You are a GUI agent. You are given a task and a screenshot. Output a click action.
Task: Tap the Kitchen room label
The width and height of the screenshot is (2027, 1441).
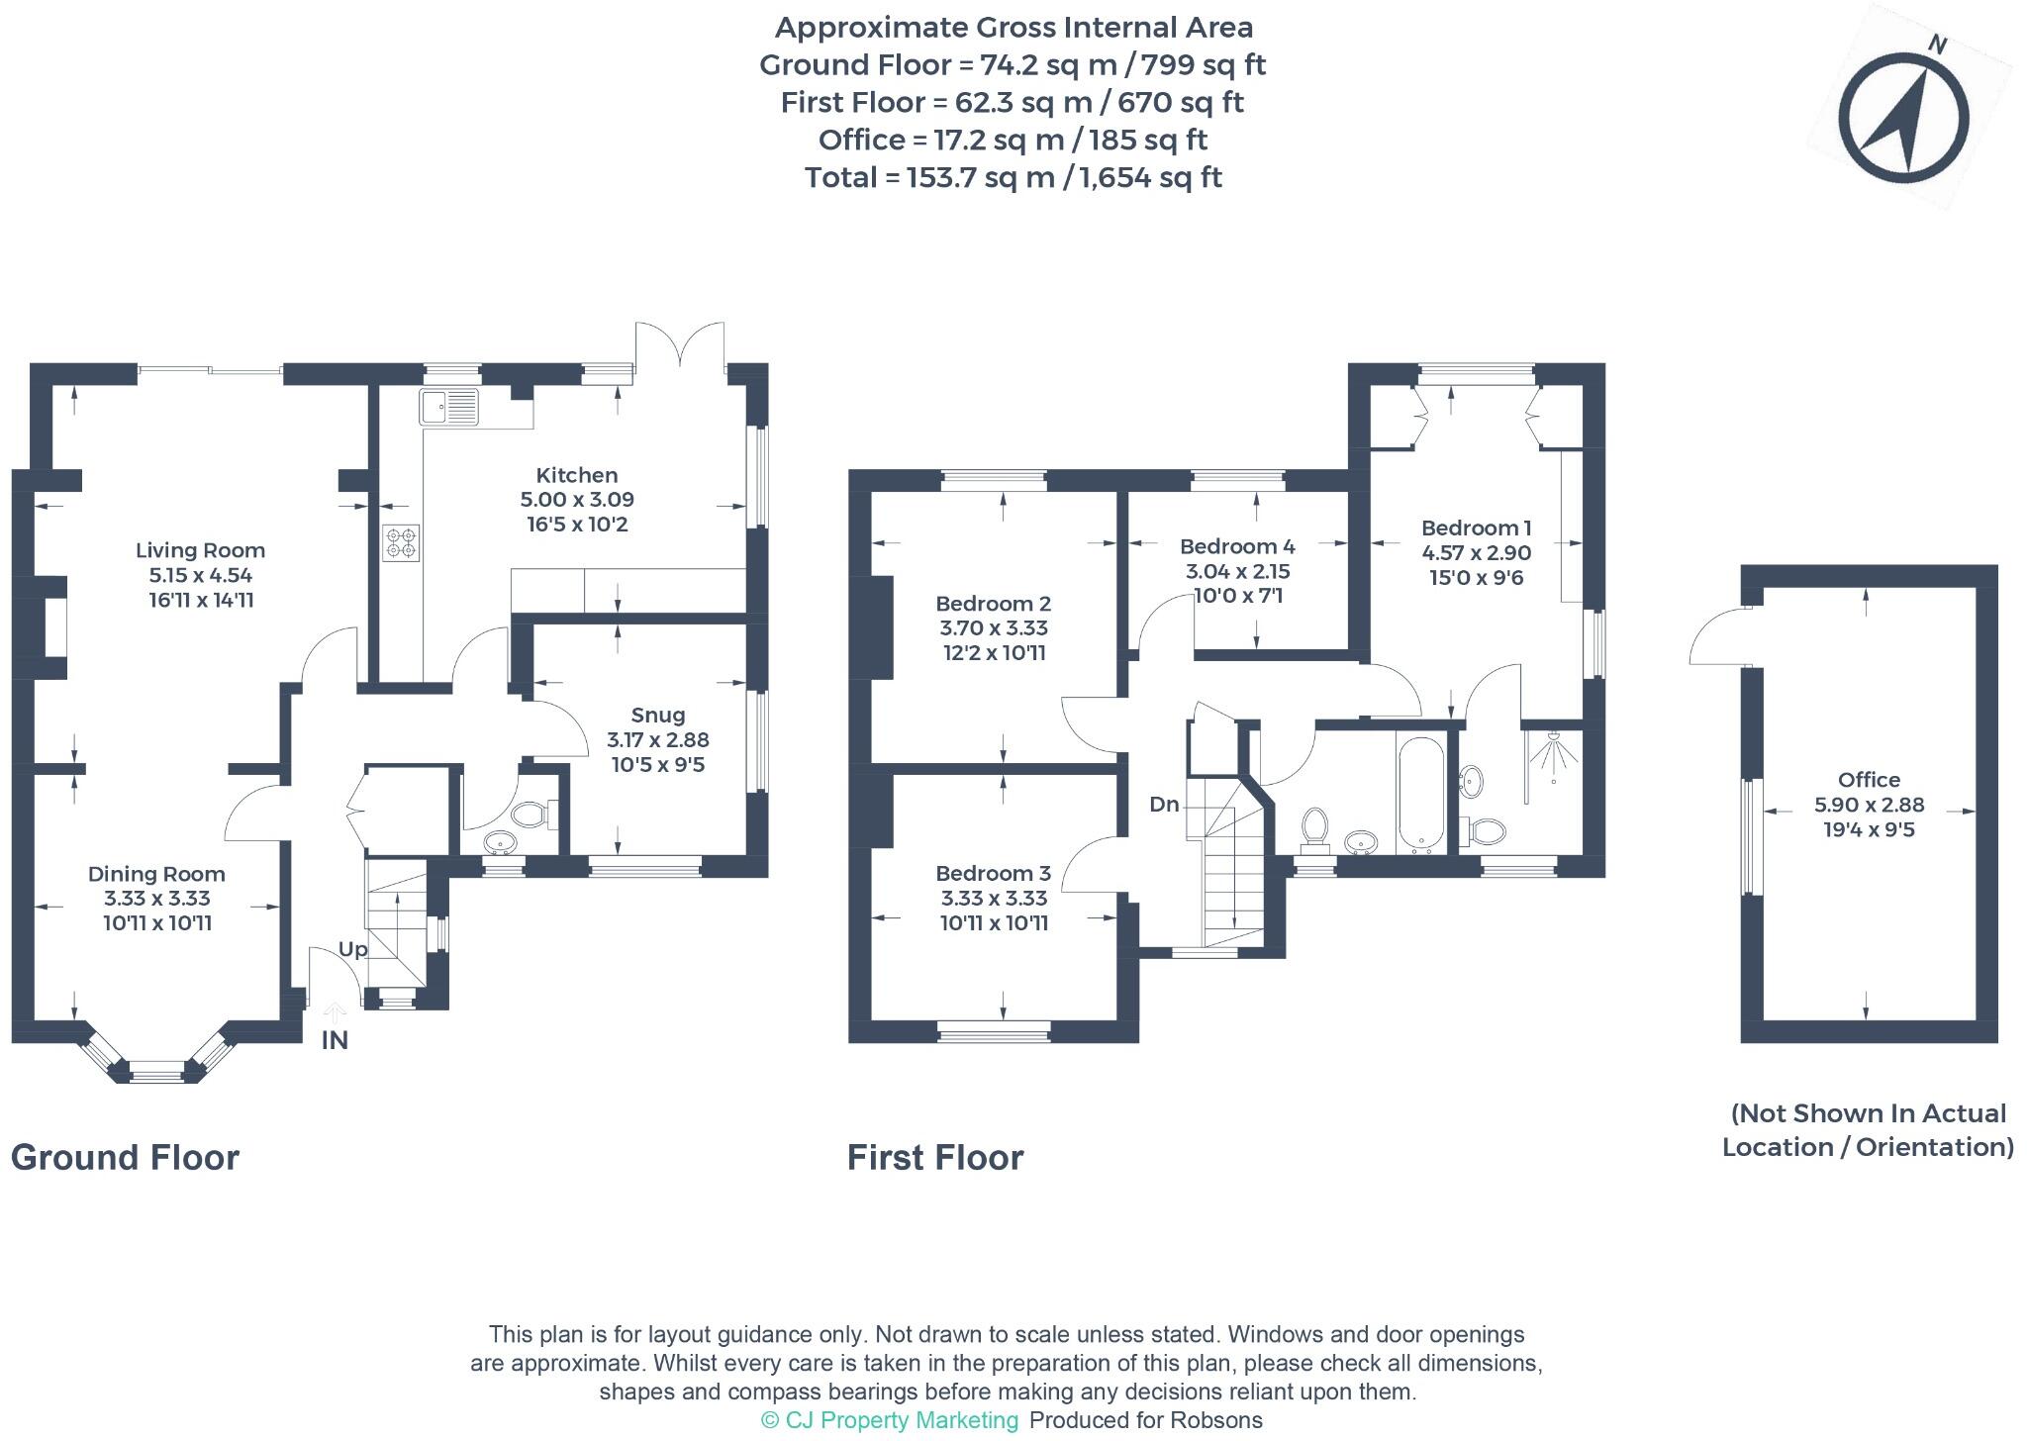576,475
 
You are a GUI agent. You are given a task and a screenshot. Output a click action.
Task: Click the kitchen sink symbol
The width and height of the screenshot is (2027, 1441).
448,407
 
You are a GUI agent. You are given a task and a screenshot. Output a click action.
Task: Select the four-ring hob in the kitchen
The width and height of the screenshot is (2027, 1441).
401,542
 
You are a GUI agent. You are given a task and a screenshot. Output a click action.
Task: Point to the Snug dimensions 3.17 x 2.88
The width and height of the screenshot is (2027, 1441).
657,739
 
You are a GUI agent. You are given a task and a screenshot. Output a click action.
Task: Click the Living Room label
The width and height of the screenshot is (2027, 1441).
200,550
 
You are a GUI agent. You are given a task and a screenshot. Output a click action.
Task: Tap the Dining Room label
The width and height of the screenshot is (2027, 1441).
156,874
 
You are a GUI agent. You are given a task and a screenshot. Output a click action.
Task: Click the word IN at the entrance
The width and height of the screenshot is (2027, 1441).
335,1040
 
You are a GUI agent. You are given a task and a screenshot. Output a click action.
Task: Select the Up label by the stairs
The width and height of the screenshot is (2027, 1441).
352,949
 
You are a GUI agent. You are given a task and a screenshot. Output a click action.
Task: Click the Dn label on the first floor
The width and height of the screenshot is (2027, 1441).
1164,805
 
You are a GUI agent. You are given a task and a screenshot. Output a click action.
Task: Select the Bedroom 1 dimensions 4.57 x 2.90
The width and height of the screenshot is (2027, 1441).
1476,552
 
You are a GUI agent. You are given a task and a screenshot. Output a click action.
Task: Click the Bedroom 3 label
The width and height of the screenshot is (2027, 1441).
993,873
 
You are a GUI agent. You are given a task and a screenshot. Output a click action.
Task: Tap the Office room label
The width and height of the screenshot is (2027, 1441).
1869,780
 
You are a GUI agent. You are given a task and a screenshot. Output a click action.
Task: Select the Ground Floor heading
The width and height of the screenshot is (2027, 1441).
125,1157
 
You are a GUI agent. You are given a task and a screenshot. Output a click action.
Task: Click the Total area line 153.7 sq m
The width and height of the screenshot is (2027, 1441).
1013,178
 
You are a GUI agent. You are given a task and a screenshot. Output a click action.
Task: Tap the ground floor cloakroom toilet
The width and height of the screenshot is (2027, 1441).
531,816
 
